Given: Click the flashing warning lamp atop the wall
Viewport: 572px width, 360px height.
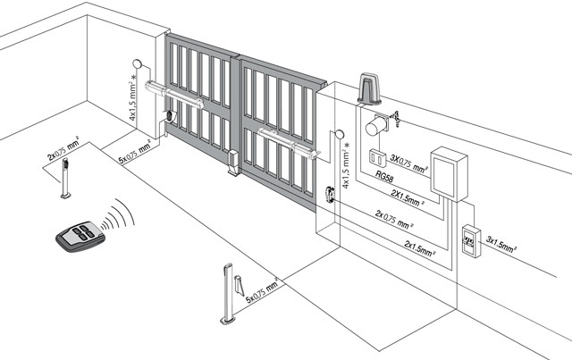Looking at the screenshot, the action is (x=369, y=89).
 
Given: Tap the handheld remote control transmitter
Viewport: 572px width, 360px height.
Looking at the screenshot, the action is (x=80, y=237).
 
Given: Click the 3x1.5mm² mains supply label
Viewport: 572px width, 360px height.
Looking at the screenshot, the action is (x=501, y=245).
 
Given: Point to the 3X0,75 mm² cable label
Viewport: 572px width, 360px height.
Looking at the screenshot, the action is (x=409, y=163).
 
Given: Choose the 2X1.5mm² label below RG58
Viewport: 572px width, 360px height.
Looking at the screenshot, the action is (x=408, y=197).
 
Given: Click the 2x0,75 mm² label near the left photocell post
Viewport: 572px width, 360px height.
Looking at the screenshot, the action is (x=63, y=148).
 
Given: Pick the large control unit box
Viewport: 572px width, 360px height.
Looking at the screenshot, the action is (x=449, y=173).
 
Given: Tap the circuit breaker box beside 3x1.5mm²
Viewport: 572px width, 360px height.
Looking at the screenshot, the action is (x=472, y=241).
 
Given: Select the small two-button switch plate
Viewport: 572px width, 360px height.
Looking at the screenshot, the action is (x=377, y=158).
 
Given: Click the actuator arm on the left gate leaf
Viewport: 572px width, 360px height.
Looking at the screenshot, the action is (x=174, y=95).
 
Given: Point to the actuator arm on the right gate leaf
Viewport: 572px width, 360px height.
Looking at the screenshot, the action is (x=288, y=143).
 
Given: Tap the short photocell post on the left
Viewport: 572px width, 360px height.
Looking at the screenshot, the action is (x=66, y=179).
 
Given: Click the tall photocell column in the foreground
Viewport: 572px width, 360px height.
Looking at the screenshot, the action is (x=228, y=294).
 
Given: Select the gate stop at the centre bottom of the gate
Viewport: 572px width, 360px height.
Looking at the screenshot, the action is (x=233, y=163).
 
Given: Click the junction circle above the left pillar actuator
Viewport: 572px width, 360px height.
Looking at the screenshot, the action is (x=138, y=63).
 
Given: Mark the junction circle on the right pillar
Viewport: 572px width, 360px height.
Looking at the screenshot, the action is (x=340, y=134).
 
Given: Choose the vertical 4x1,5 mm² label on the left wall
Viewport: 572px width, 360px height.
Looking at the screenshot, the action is (x=133, y=97).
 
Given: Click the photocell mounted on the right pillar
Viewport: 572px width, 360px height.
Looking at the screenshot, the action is (x=330, y=194).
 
